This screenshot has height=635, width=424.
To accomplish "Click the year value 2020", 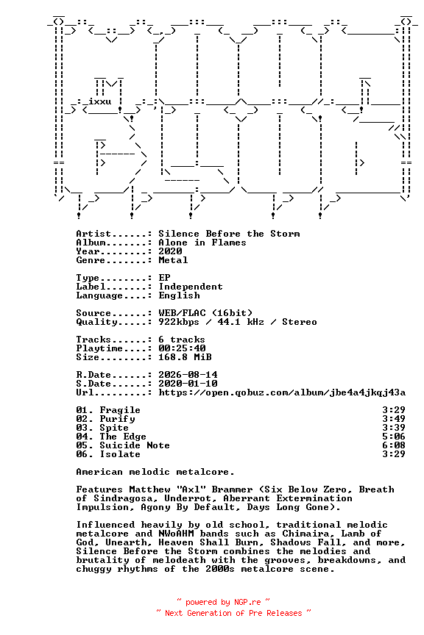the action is tap(170, 251).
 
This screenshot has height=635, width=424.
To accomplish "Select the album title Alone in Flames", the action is tap(202, 243).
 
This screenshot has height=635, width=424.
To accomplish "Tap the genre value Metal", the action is tap(173, 260).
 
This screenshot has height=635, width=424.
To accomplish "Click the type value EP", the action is tap(164, 277).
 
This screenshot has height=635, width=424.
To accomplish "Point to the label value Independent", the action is tap(191, 287).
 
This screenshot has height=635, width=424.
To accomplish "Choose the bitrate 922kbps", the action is tap(179, 322).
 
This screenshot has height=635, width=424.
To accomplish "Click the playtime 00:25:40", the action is tap(182, 348).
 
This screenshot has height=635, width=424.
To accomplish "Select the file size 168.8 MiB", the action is tap(185, 356).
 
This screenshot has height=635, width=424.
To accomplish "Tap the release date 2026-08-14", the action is tap(188, 375).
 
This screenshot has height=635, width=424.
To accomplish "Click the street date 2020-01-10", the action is tap(188, 384).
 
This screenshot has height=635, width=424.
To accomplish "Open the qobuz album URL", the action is tap(282, 392).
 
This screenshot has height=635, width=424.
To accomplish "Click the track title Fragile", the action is tap(120, 410).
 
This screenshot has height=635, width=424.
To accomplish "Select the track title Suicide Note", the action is tap(135, 445).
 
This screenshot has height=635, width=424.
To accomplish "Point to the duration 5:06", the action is tap(394, 436).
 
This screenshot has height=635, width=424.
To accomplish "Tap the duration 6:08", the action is tap(394, 445).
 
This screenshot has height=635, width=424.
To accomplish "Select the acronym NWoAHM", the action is tap(176, 534).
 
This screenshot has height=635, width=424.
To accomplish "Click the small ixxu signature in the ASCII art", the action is tap(100, 101).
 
